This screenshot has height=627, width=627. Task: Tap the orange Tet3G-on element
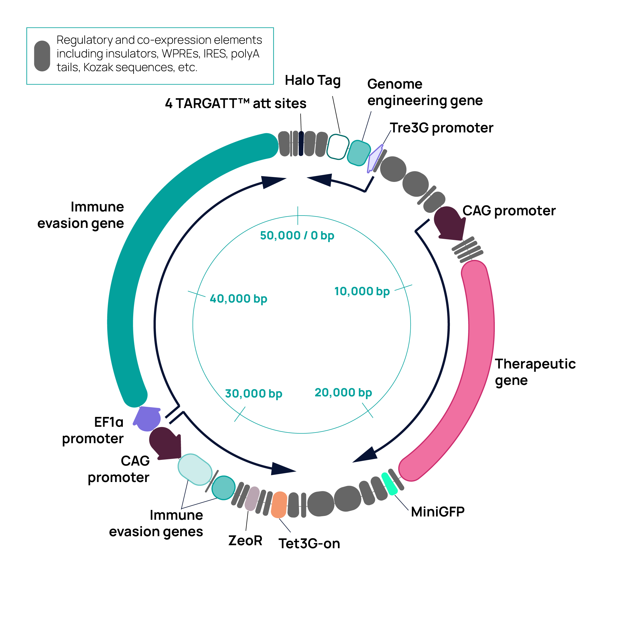279,505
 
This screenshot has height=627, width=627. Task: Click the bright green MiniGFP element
389,484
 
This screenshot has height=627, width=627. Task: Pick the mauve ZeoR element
252,498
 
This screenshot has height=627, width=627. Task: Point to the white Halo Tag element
338,147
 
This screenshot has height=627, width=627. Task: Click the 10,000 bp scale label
362,291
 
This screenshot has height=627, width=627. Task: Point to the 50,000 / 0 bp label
297,236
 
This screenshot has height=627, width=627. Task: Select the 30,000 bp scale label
254,394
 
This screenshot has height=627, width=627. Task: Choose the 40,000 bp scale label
239,298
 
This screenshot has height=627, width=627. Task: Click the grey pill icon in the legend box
42,56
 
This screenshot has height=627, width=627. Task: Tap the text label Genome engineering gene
425,92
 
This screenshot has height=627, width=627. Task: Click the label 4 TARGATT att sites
236,103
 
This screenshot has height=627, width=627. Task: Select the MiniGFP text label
437,512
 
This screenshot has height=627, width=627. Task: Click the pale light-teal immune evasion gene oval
195,469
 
